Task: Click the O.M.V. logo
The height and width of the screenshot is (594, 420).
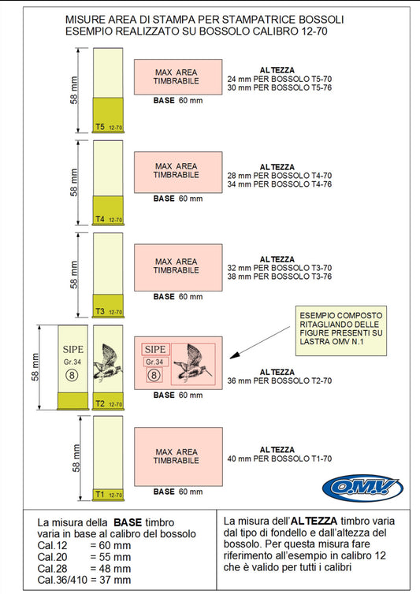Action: pos(362,488)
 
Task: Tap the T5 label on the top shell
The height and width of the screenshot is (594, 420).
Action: pos(100,127)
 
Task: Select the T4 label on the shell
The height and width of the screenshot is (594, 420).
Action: pos(100,219)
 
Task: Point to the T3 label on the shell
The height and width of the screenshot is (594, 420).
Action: pos(100,311)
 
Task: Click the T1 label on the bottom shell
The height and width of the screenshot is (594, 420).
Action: pos(100,495)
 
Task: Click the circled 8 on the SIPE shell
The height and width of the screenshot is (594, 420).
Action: pos(72,376)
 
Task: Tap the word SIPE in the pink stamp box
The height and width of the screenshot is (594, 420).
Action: pos(155,349)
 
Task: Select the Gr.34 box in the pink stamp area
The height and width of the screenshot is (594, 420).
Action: pos(154,362)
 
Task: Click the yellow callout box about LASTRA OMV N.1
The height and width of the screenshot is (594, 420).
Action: pos(341,331)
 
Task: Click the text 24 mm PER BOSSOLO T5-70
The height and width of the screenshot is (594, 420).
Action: pos(280,80)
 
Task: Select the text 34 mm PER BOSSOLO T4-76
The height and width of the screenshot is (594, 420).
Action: pos(280,184)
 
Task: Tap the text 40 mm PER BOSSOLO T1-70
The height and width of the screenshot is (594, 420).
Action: pos(280,458)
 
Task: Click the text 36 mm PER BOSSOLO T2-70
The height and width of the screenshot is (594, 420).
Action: pos(280,381)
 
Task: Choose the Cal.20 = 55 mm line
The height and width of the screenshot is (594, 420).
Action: pos(84,557)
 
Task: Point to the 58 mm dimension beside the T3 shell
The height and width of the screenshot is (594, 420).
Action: pos(74,275)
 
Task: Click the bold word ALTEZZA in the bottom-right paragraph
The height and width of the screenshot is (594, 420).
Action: pos(314,522)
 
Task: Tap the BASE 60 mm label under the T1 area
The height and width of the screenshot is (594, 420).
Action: pos(178,492)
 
